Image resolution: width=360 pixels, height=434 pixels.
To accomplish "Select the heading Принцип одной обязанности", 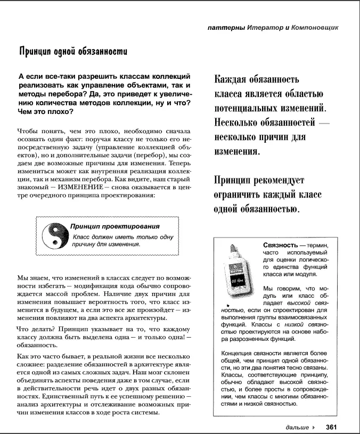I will pyautogui.click(x=73, y=52).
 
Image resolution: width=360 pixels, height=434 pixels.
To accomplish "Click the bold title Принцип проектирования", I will pyautogui.click(x=115, y=226).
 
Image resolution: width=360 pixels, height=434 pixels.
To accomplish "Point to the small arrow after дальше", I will pyautogui.click(x=314, y=427).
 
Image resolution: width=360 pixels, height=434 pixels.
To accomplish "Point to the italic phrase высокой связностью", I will pyautogui.click(x=266, y=304).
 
